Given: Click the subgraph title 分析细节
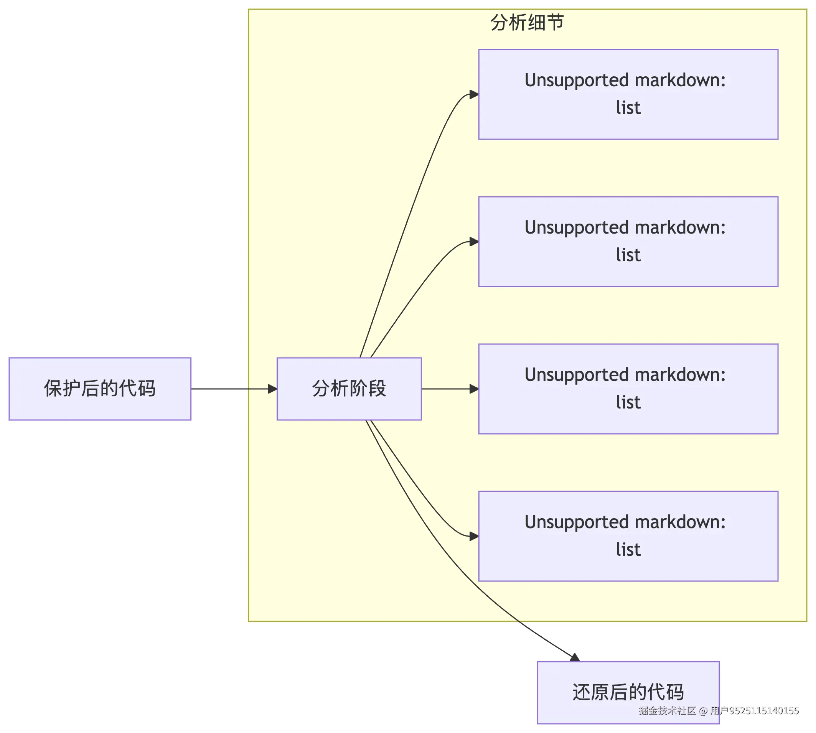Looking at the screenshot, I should tap(527, 23).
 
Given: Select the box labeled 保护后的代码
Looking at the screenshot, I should tap(100, 389).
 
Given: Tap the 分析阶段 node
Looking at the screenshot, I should tap(349, 389).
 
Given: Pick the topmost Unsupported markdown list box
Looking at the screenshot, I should tap(628, 94).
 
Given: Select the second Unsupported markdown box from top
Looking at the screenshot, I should tap(628, 241).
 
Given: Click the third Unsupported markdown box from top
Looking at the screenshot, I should tap(628, 389).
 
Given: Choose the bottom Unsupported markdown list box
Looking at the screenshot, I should tap(628, 536).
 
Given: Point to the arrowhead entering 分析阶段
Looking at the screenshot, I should tap(273, 389).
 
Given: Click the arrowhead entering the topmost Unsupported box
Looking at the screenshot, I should tap(474, 95).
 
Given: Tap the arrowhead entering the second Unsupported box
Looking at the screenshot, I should tap(474, 242).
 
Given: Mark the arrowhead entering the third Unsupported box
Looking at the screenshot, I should tap(474, 389).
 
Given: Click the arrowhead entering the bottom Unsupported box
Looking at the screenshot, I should tap(474, 536).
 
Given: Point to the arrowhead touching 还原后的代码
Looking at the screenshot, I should tap(575, 657).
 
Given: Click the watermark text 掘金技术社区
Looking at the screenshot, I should tap(667, 710).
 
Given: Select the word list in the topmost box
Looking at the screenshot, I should tap(628, 108).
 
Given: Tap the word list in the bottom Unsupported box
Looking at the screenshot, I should tap(628, 550).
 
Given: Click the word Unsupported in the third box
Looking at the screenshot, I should tap(569, 375).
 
